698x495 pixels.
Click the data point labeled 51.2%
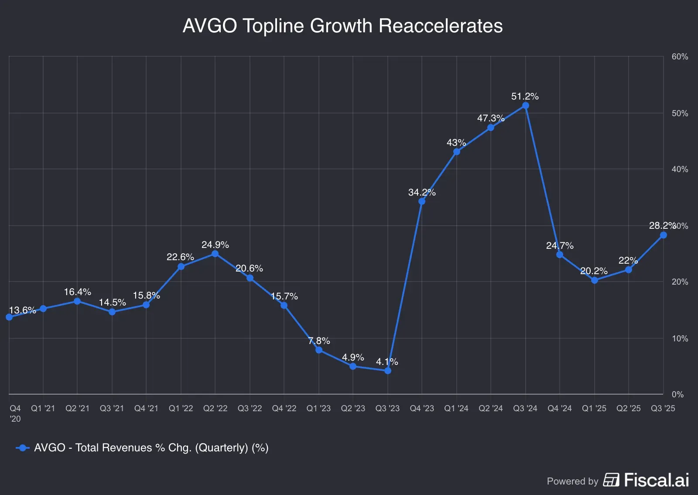coord(525,106)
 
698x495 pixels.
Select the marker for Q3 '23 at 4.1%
coord(388,371)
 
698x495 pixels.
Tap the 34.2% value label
coord(421,192)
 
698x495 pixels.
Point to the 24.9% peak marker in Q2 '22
coord(215,254)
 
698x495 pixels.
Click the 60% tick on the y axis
coord(679,57)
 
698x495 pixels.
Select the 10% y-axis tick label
coord(679,338)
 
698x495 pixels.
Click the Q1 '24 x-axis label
coord(456,408)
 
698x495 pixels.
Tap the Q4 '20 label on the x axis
coord(15,413)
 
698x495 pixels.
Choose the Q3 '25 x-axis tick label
coord(663,408)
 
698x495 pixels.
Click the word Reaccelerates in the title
coord(441,26)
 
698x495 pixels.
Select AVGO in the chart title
coord(209,26)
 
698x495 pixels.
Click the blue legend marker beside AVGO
coord(23,448)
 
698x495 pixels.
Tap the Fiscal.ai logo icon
coord(611,480)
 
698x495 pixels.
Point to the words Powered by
coord(572,481)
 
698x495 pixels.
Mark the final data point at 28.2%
coord(663,235)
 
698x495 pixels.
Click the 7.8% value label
coord(319,341)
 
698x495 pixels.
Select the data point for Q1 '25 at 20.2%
coord(594,280)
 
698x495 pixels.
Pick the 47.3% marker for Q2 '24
coord(491,127)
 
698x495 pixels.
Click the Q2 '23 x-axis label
coord(352,408)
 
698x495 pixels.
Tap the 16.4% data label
coord(77,292)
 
